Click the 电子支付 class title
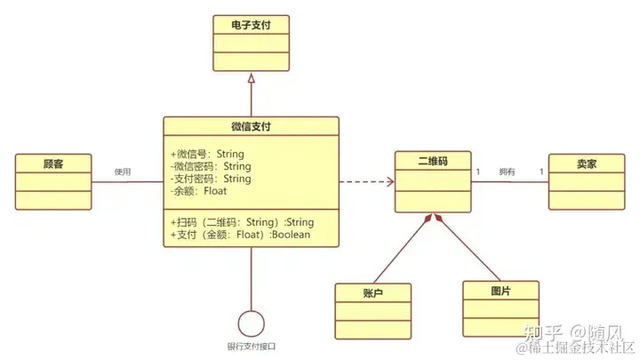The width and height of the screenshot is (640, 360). click(250, 26)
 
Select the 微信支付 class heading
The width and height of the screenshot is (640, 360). click(251, 126)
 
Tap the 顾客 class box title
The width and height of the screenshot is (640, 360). click(53, 164)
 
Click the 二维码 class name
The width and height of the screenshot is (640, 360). click(432, 163)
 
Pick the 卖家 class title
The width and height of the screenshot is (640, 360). click(584, 163)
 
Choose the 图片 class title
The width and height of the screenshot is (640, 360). click(500, 291)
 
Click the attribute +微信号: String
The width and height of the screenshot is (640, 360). click(210, 154)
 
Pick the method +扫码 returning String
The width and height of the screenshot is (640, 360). click(241, 222)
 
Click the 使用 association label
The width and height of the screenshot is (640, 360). click(123, 172)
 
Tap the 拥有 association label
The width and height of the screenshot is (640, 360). click(507, 172)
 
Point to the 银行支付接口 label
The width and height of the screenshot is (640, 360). click(252, 346)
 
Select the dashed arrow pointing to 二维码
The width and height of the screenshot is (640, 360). click(366, 183)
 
